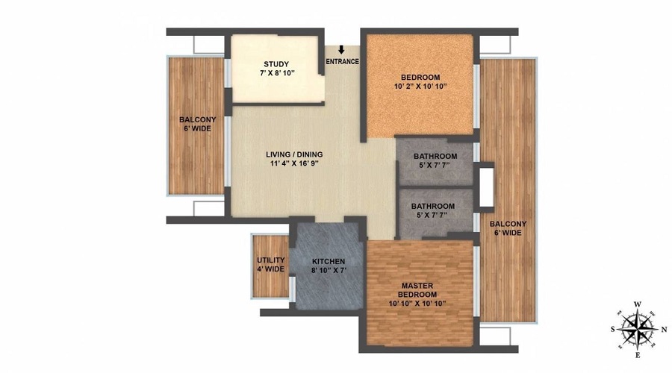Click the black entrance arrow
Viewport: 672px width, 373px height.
[x=341, y=51]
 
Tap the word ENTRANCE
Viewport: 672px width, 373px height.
[x=343, y=62]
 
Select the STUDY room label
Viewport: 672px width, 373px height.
[x=276, y=64]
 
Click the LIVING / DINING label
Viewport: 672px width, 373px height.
[x=294, y=156]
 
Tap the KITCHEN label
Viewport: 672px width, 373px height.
[x=328, y=261]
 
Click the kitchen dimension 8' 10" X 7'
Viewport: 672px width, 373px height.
[x=328, y=271]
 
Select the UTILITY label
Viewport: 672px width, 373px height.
[x=270, y=260]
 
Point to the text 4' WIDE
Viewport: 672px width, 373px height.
[x=270, y=269]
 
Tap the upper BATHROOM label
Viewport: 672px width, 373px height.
[x=435, y=157]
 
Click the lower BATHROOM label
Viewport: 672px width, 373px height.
[x=433, y=207]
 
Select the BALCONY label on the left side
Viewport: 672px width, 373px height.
[x=197, y=119]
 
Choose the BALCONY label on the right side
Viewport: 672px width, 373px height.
[x=508, y=224]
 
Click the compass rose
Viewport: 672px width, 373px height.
[x=636, y=327]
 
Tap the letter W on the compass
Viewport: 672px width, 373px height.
[x=637, y=304]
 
